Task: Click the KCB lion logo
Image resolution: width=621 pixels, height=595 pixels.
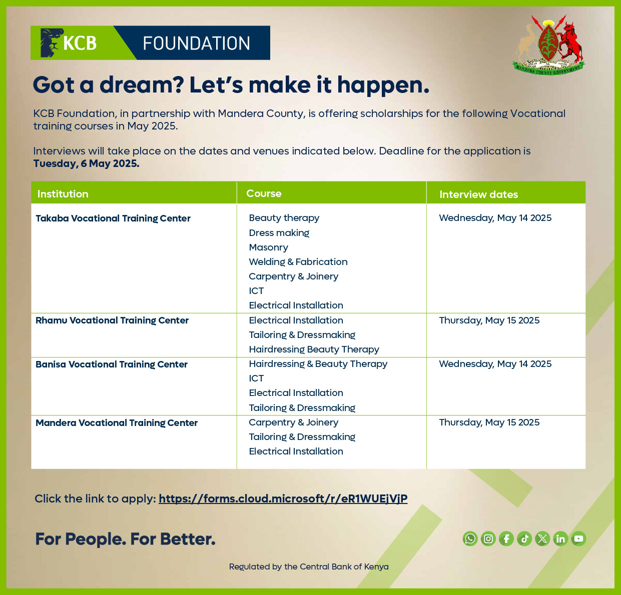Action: [x=52, y=42]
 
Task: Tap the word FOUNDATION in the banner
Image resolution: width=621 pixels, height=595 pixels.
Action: [x=196, y=43]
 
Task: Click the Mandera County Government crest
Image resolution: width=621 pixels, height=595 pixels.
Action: [x=549, y=45]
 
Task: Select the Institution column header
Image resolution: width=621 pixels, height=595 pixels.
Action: [x=63, y=194]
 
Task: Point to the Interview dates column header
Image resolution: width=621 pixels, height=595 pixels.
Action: [x=478, y=194]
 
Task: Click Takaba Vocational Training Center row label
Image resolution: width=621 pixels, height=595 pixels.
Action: [x=113, y=218]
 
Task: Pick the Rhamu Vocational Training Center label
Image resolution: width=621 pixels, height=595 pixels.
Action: [x=112, y=320]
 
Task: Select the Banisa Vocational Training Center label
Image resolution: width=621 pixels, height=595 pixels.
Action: [x=112, y=364]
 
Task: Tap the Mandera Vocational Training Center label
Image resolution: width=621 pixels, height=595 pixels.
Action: [x=117, y=423]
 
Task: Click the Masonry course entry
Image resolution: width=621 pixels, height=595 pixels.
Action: [x=269, y=247]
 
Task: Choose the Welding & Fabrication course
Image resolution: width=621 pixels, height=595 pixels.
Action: [x=298, y=262]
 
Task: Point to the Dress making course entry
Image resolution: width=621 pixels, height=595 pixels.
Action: [x=279, y=233]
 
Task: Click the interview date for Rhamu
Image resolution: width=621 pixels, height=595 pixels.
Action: [x=489, y=320]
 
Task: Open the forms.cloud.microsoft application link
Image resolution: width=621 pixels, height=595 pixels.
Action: [x=283, y=498]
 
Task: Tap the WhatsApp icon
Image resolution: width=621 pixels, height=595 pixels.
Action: [x=470, y=538]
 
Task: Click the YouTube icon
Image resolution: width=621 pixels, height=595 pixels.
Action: [x=578, y=538]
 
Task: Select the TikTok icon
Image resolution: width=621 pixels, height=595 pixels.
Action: [x=524, y=538]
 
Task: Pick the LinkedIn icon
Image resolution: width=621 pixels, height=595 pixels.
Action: [x=560, y=538]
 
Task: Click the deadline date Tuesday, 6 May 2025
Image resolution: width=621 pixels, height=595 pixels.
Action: [x=86, y=163]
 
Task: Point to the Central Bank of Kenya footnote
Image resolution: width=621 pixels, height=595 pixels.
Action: [x=309, y=566]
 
